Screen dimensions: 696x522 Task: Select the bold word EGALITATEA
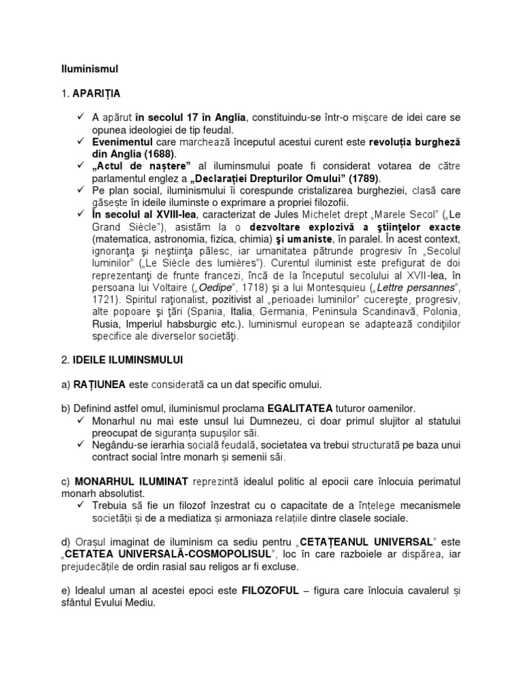(300, 408)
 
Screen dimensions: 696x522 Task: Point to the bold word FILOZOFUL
(270, 590)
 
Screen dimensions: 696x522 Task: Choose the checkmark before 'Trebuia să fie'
(82, 505)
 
